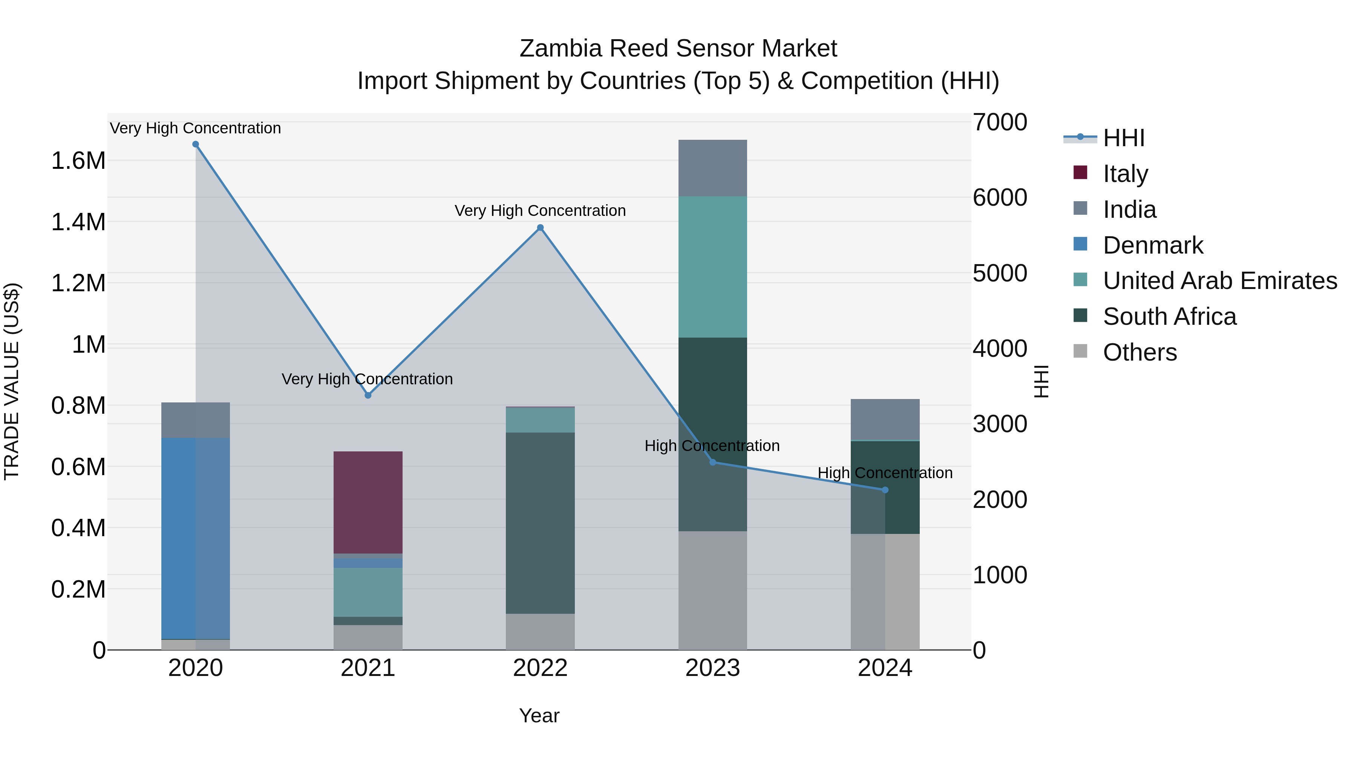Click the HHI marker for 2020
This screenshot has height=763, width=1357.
[195, 144]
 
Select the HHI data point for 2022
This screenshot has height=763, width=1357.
[540, 228]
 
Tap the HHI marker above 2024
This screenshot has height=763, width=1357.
[885, 490]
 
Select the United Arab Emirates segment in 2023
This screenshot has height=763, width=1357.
[712, 267]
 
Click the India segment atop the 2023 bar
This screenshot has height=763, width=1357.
[712, 168]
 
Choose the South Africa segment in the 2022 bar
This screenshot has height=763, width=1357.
[540, 523]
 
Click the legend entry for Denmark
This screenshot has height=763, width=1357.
[1153, 245]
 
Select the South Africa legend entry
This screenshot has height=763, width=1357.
[1169, 317]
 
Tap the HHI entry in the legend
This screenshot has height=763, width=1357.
[1123, 138]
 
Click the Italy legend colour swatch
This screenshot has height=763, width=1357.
[1080, 173]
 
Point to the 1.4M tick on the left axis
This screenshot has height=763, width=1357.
[78, 222]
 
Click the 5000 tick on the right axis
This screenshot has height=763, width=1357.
[999, 273]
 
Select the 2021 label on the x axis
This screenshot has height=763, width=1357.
[368, 668]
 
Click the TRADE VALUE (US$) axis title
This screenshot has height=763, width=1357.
[12, 381]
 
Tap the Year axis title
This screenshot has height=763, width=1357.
[539, 716]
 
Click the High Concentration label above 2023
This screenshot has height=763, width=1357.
[712, 446]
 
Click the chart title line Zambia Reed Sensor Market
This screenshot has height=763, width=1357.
[678, 49]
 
